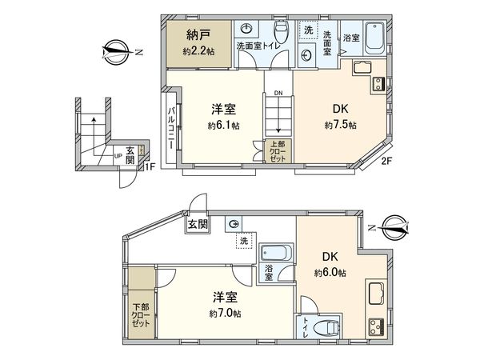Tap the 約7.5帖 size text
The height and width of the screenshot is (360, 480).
(341, 126)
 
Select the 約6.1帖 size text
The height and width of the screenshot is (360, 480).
(224, 126)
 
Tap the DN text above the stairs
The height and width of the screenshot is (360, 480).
(278, 93)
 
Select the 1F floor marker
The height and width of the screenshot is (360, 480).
(150, 166)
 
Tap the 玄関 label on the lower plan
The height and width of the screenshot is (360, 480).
(198, 225)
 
